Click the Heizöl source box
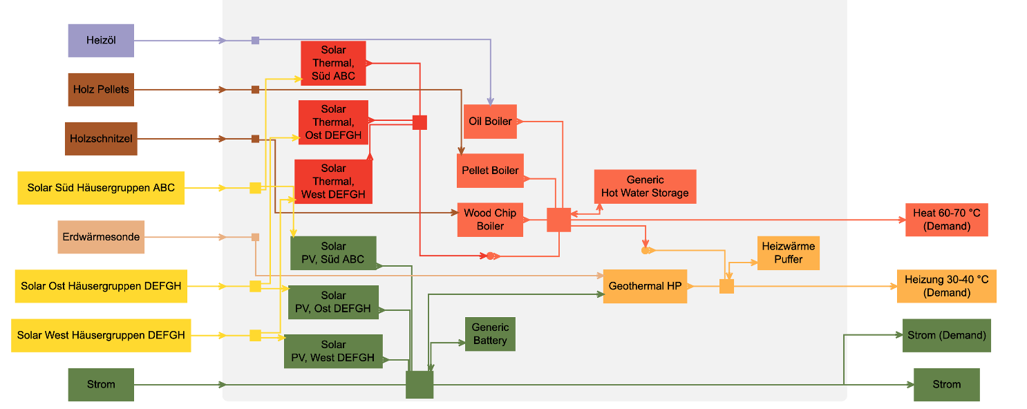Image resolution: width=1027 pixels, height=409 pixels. click(x=101, y=40)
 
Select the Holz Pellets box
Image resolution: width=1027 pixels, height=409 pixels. click(x=101, y=89)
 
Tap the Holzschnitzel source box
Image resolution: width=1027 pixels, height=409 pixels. click(x=101, y=138)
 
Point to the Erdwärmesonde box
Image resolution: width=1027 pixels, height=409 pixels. click(x=101, y=237)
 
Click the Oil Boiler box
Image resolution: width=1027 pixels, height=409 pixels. click(x=490, y=122)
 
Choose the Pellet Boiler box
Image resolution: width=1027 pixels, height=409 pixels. click(x=490, y=171)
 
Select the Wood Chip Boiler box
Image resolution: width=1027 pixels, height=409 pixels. click(x=490, y=220)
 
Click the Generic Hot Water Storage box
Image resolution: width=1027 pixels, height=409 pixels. click(x=645, y=187)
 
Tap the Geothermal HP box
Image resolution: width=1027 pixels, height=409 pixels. click(x=645, y=286)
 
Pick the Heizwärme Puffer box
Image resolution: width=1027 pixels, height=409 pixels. click(x=788, y=253)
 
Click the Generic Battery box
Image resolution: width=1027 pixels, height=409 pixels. click(x=490, y=334)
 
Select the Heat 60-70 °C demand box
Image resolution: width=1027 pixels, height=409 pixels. click(x=946, y=220)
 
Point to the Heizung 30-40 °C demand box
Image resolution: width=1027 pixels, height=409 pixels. click(x=946, y=286)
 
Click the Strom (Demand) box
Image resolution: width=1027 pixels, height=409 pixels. click(x=946, y=335)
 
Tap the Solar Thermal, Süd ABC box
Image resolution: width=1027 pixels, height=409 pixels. click(x=333, y=63)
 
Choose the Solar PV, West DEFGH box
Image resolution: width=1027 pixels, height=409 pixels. click(x=333, y=351)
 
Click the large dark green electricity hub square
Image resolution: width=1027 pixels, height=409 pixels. click(x=420, y=385)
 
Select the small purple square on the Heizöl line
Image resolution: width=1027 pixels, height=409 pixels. click(x=255, y=40)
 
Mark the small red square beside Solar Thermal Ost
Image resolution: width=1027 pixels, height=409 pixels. click(x=420, y=122)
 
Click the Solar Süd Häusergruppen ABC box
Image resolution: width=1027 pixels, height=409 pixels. click(x=101, y=187)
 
